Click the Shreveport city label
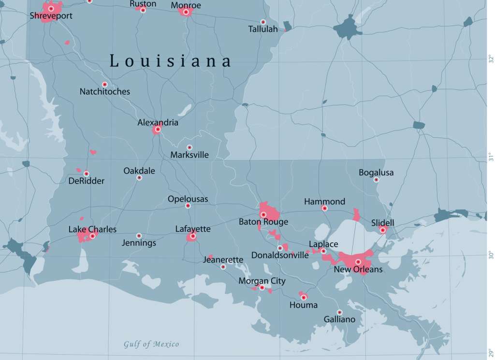[51, 16]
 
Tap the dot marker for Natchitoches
[104, 85]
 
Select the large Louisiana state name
[171, 61]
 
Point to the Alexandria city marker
[158, 129]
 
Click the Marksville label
[189, 155]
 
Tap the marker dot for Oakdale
[139, 178]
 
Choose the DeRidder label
[86, 181]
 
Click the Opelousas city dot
[188, 206]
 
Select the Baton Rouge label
[263, 222]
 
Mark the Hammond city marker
[325, 208]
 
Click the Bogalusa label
[376, 173]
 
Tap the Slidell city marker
[383, 230]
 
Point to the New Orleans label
[358, 270]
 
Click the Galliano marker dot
[339, 312]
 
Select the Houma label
[304, 305]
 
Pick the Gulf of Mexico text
[151, 345]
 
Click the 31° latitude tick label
[490, 157]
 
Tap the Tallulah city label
[263, 29]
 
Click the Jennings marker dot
[139, 236]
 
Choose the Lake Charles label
[92, 229]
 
